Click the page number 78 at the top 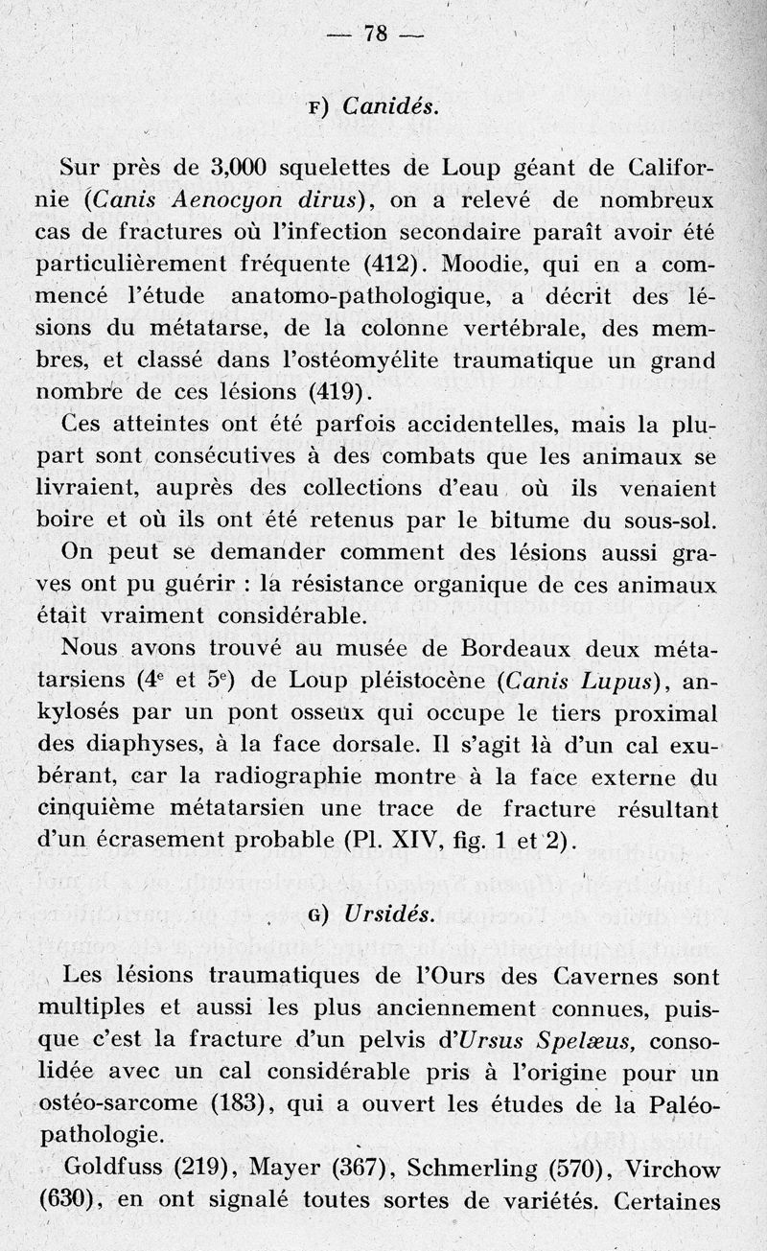tap(375, 35)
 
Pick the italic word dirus tap(324, 199)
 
